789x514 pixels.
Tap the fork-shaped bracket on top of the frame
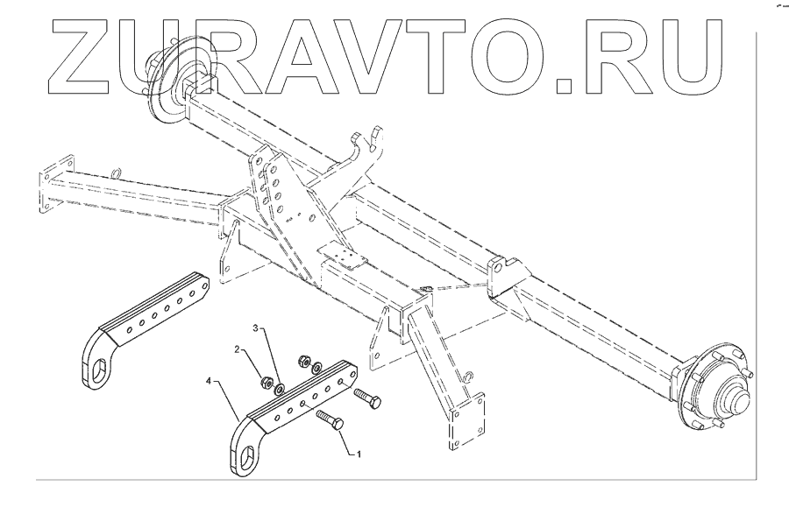[x=368, y=149]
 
